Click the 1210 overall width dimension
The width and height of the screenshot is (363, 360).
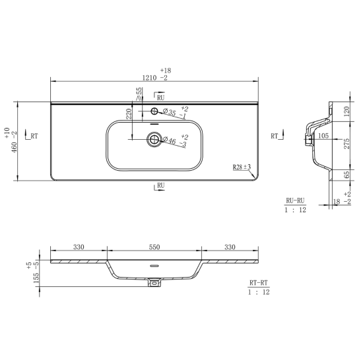point(149,78)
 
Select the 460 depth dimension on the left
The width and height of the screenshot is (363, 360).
point(15,148)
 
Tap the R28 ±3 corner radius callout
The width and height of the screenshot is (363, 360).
point(242,167)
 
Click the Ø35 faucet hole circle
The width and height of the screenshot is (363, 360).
point(154,111)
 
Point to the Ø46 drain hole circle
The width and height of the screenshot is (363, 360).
point(154,139)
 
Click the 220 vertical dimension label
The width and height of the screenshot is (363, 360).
point(129,114)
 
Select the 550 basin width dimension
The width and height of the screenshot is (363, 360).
point(154,247)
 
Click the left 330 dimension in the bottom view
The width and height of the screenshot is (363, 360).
point(79,247)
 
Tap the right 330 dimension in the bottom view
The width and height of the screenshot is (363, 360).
point(230,247)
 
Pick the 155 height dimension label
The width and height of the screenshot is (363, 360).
point(36,278)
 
